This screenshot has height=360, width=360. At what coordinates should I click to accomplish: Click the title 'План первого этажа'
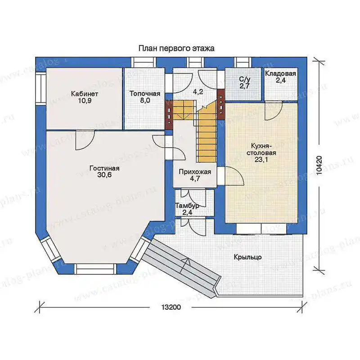[176, 49]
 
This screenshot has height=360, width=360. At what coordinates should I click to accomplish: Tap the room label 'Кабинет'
[85, 94]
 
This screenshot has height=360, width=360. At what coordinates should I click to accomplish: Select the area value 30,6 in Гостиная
[104, 175]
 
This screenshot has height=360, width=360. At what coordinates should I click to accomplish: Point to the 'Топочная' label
[145, 94]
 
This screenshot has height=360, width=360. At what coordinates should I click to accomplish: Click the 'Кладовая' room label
[280, 74]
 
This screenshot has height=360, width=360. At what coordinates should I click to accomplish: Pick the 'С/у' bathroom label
[244, 80]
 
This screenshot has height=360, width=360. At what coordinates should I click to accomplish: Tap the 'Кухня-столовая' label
[261, 149]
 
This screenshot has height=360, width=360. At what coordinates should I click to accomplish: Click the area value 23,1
[261, 159]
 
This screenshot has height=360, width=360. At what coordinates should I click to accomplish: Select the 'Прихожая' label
[195, 172]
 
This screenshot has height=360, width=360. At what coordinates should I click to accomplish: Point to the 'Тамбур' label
[187, 206]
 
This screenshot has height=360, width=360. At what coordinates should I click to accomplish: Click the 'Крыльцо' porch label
[248, 257]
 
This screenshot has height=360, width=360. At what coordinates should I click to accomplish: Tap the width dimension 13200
[171, 307]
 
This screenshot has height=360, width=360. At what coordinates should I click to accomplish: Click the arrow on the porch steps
[186, 265]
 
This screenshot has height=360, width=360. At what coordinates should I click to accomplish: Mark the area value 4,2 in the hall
[198, 92]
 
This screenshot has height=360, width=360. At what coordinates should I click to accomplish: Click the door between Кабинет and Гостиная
[85, 139]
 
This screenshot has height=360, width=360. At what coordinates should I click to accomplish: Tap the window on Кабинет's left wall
[41, 89]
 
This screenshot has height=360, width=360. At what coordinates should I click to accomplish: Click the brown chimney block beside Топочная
[169, 115]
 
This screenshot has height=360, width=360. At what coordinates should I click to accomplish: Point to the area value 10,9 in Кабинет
[85, 101]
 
